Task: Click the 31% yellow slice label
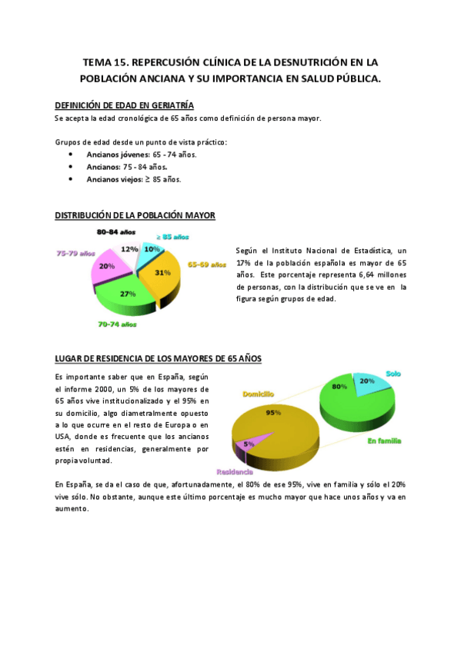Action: [162, 272]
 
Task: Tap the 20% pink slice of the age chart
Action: [107, 266]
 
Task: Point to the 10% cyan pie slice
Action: [152, 250]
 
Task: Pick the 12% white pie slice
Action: [129, 249]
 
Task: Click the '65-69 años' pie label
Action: [207, 265]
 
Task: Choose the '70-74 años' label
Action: [118, 325]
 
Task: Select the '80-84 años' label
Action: [116, 231]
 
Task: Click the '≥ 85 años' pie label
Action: [174, 237]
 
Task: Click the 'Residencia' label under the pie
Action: [235, 471]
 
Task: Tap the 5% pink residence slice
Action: [249, 444]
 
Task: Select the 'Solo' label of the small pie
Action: [393, 373]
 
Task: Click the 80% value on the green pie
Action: [339, 387]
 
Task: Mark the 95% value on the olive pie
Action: [272, 412]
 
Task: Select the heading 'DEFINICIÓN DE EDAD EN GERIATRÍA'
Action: [125, 105]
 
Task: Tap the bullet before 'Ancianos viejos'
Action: [71, 179]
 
